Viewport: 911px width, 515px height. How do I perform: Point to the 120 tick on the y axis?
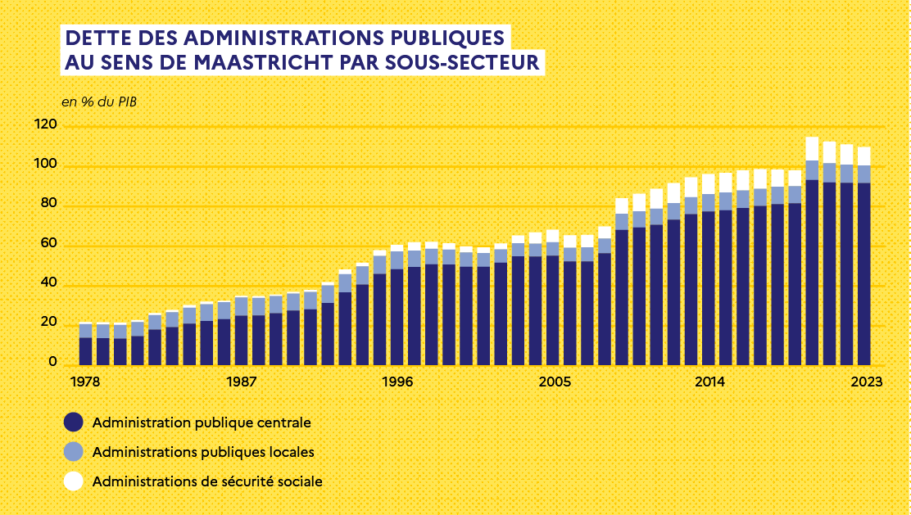[x=46, y=125]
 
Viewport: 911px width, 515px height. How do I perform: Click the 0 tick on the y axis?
[x=52, y=362]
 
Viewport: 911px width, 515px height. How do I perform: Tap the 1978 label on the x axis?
[x=84, y=382]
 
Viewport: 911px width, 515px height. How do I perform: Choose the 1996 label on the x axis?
[x=397, y=382]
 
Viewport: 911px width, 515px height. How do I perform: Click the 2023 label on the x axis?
[x=865, y=382]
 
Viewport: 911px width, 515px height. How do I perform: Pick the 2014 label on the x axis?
[x=709, y=382]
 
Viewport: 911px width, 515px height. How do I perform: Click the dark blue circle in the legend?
[x=74, y=422]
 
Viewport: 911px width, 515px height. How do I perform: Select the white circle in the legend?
[x=74, y=481]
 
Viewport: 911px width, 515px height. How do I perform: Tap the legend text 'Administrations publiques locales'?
[x=203, y=452]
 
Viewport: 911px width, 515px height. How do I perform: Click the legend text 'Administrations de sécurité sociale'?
[x=207, y=481]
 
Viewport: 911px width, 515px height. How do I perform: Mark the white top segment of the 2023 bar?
[x=864, y=156]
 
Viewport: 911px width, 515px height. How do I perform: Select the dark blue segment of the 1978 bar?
[x=85, y=350]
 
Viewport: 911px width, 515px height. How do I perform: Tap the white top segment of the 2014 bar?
[x=709, y=183]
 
